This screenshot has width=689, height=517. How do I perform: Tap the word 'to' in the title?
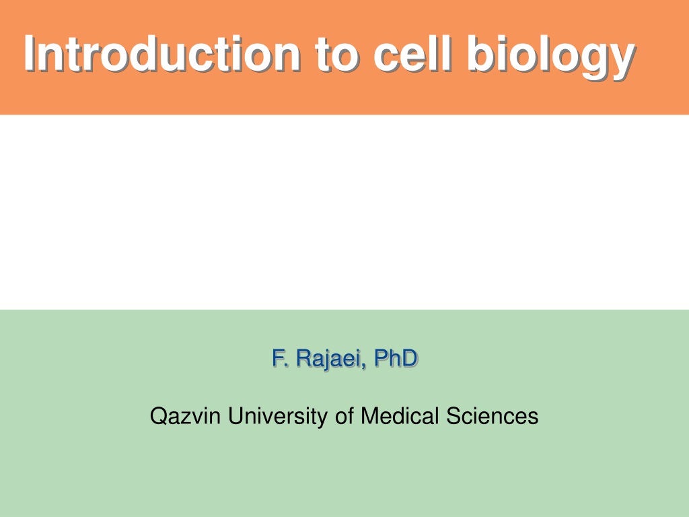pyautogui.click(x=336, y=55)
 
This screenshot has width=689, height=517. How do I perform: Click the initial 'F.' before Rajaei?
pyautogui.click(x=280, y=358)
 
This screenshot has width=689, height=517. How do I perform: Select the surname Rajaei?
pyautogui.click(x=328, y=359)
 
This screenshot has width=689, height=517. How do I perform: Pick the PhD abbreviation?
pyautogui.click(x=396, y=358)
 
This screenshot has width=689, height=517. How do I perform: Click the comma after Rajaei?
pyautogui.click(x=363, y=366)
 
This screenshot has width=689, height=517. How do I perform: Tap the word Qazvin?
pyautogui.click(x=185, y=416)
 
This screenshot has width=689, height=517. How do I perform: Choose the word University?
pyautogui.click(x=278, y=417)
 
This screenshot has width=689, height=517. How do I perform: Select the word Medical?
pyautogui.click(x=400, y=416)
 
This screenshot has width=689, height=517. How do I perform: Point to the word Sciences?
pyautogui.click(x=492, y=416)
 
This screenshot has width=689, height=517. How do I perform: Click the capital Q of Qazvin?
pyautogui.click(x=158, y=416)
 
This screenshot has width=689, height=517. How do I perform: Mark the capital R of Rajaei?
pyautogui.click(x=304, y=358)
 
